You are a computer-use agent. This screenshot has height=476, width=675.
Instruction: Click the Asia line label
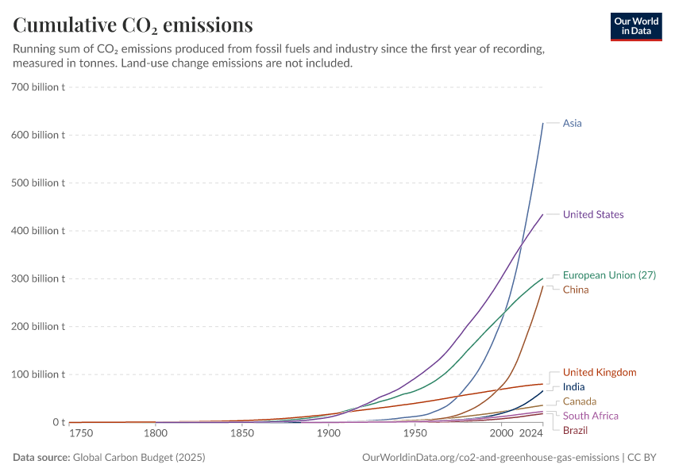click(x=572, y=123)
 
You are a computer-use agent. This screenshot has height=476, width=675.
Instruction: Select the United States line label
click(x=593, y=214)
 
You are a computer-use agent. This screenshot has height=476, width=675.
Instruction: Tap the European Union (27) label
click(x=609, y=275)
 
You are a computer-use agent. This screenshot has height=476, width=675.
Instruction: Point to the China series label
click(x=576, y=290)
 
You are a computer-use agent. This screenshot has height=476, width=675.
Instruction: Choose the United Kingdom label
click(x=599, y=372)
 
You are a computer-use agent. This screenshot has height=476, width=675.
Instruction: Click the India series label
click(x=573, y=387)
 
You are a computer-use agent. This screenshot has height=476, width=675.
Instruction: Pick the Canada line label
click(x=579, y=401)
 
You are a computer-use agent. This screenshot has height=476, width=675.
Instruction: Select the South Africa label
click(x=590, y=416)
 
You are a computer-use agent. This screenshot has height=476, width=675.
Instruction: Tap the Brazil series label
click(x=575, y=430)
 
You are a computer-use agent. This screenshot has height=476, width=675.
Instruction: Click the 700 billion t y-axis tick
click(x=38, y=86)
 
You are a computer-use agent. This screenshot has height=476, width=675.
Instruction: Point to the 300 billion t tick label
click(x=38, y=278)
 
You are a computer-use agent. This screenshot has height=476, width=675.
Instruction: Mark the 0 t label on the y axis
click(x=58, y=422)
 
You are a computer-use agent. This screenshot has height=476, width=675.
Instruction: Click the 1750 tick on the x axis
click(x=80, y=435)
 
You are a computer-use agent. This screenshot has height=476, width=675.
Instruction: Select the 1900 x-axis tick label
click(x=328, y=435)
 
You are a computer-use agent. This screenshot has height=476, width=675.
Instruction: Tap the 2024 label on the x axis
click(x=530, y=435)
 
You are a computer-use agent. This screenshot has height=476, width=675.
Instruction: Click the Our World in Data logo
click(x=636, y=26)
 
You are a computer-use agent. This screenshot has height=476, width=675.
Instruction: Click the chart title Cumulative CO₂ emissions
click(x=133, y=25)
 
